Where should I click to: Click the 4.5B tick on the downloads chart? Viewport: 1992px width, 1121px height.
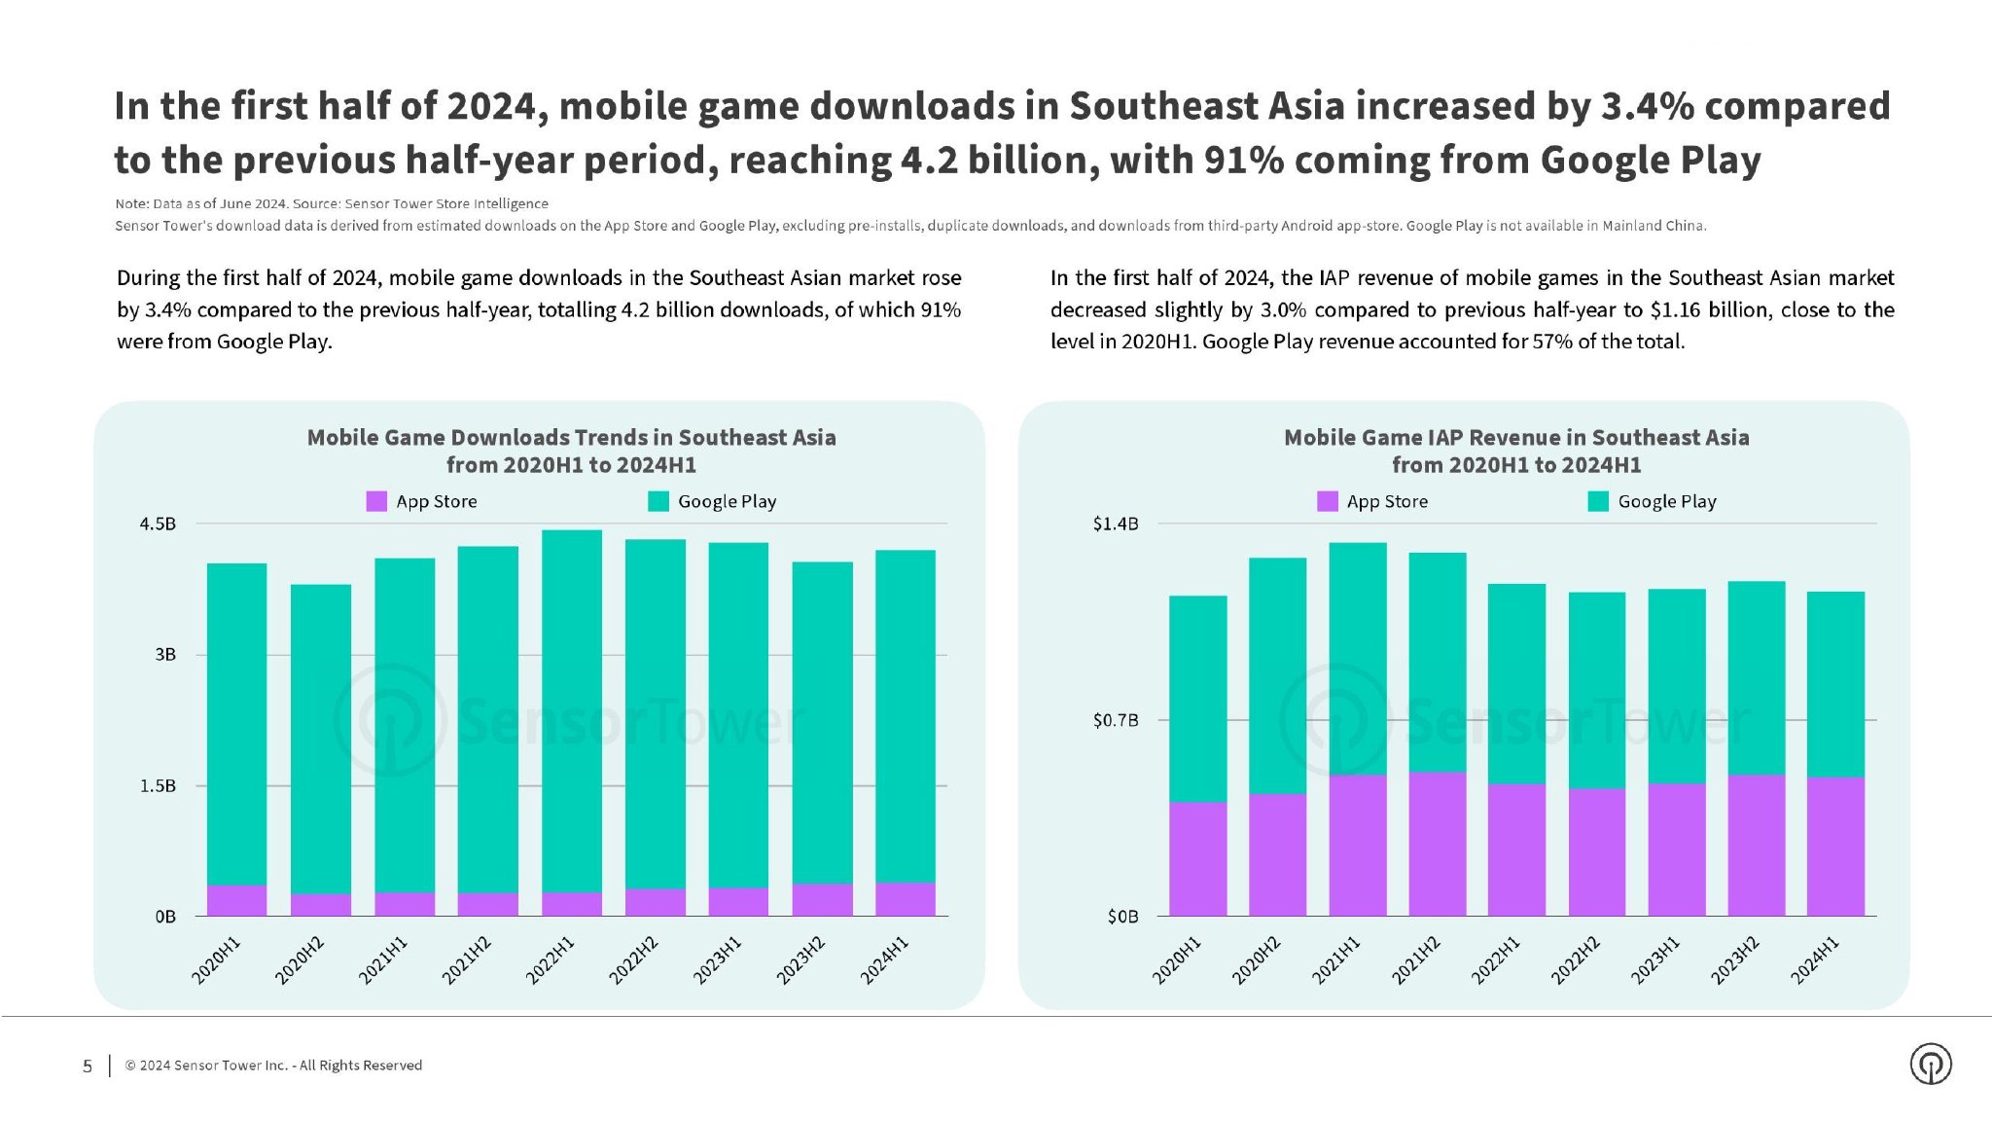[x=158, y=524]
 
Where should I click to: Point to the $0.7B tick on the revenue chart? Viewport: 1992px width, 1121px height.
[x=1115, y=720]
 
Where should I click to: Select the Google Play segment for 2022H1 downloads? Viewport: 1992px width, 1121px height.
[x=571, y=710]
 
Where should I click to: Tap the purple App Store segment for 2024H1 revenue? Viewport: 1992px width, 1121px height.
[x=1835, y=846]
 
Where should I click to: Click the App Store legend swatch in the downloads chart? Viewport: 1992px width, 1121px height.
[x=376, y=501]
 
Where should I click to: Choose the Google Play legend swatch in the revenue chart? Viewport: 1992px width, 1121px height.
[x=1598, y=501]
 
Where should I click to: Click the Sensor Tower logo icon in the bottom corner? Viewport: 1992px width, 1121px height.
[x=1931, y=1064]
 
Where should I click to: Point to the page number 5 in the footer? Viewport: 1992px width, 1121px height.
[x=88, y=1066]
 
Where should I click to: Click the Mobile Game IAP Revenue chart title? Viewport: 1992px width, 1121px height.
[x=1515, y=451]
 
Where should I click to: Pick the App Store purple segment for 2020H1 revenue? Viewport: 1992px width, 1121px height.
[x=1197, y=858]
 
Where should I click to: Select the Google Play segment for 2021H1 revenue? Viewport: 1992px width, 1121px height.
[x=1357, y=659]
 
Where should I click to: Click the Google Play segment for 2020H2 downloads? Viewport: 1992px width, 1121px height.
[x=321, y=739]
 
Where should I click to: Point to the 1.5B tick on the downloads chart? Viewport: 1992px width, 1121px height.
[x=158, y=785]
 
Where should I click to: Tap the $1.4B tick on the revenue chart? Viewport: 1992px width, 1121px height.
[x=1115, y=524]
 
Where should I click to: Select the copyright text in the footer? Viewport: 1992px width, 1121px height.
[x=273, y=1066]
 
